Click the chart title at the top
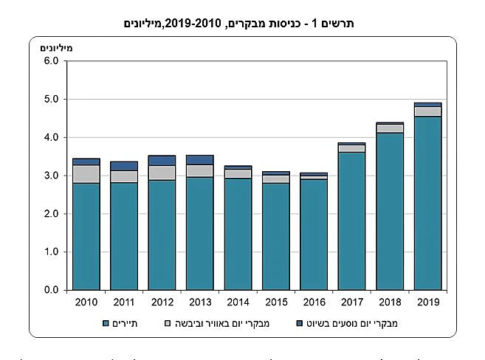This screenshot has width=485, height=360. pyautogui.click(x=242, y=24)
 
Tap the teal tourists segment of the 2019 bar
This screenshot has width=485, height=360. pyautogui.click(x=428, y=203)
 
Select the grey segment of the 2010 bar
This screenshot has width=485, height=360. pyautogui.click(x=86, y=173)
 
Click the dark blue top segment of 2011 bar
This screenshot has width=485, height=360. pyautogui.click(x=124, y=166)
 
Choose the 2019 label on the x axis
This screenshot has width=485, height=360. pyautogui.click(x=428, y=302)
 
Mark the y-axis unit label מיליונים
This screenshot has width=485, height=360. pyautogui.click(x=55, y=48)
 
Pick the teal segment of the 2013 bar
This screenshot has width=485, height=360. pyautogui.click(x=200, y=233)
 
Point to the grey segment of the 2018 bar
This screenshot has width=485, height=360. pyautogui.click(x=390, y=128)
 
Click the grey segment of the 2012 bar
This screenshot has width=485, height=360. pyautogui.click(x=162, y=173)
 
